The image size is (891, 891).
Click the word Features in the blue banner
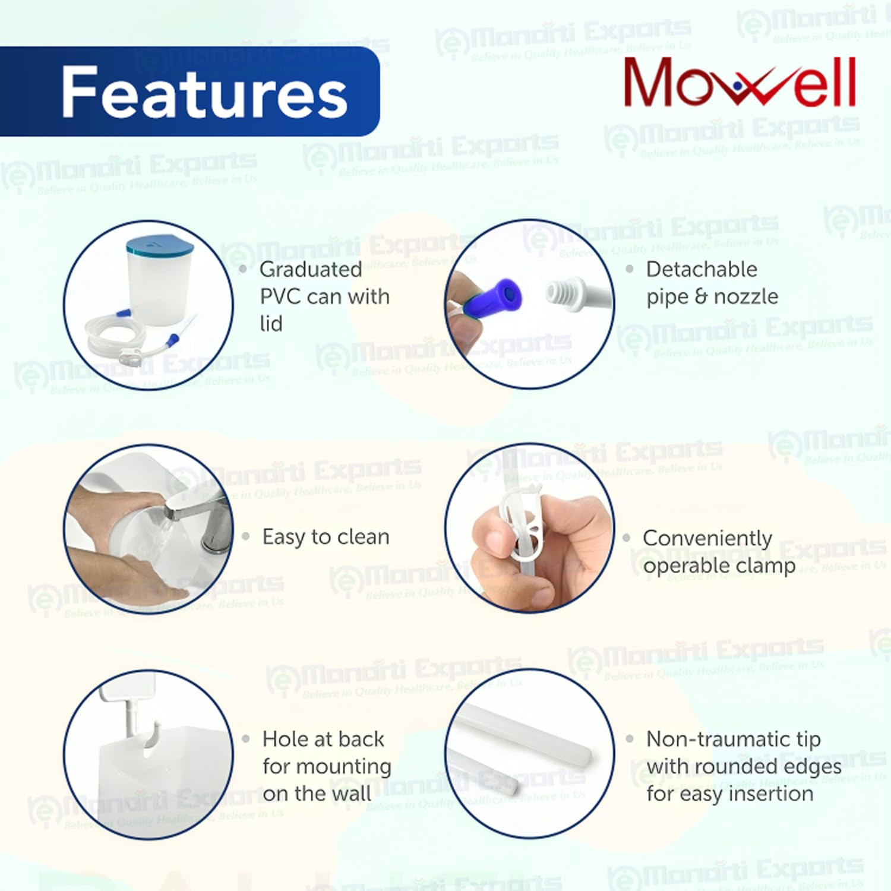point(204,93)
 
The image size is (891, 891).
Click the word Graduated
point(311,270)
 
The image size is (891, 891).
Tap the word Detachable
point(702,270)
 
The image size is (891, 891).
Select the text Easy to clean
point(326,537)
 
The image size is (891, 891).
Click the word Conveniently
point(707,538)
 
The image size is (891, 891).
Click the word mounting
point(327,766)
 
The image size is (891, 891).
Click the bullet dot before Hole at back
point(246,740)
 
